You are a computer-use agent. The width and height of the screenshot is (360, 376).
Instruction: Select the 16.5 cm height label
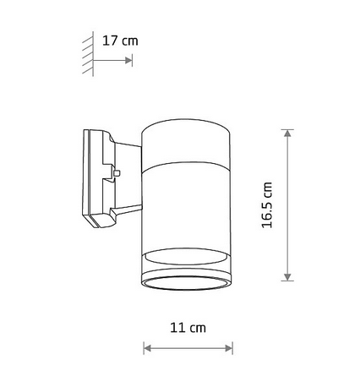(x=267, y=206)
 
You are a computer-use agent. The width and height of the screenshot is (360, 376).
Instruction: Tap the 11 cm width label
(x=188, y=327)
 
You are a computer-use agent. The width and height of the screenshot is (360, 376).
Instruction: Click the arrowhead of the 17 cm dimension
(x=129, y=60)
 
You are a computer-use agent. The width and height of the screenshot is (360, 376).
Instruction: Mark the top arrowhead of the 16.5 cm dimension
(x=287, y=135)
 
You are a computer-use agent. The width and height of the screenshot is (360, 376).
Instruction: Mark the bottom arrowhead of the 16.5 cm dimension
(x=287, y=277)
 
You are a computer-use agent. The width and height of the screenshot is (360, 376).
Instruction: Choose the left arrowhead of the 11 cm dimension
(x=147, y=347)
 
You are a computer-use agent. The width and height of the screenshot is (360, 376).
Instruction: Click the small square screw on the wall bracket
(x=117, y=172)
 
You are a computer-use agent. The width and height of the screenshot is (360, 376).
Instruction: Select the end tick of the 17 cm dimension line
(x=133, y=60)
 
